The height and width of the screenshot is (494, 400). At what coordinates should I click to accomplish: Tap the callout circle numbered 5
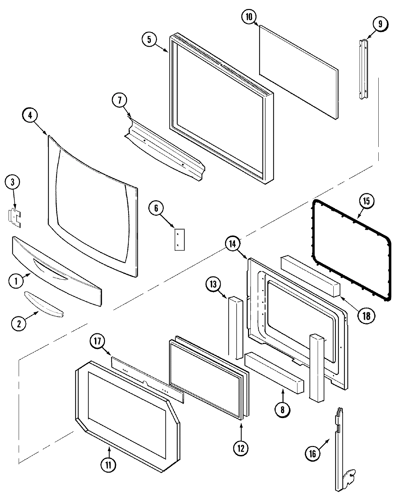[149, 40]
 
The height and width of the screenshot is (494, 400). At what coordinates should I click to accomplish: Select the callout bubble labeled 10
[249, 17]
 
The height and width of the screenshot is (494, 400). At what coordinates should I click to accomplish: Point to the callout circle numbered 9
[380, 24]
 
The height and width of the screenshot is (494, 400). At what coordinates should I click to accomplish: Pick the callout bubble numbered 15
[366, 201]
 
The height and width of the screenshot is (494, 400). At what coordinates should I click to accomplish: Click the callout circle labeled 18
[366, 315]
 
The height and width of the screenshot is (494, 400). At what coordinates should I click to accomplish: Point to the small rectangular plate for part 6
[179, 239]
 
